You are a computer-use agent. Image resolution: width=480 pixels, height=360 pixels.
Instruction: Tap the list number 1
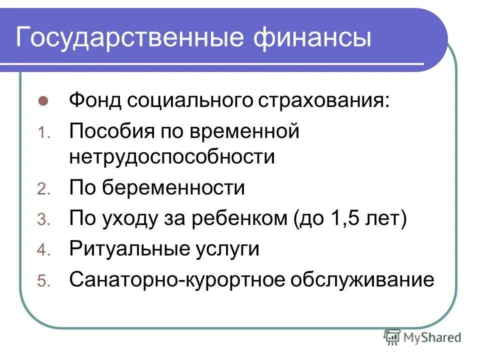coord(42,133)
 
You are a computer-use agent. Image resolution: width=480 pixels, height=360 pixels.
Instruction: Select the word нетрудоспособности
coord(172,157)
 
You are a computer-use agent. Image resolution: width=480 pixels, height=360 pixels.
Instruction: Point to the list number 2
coord(42,189)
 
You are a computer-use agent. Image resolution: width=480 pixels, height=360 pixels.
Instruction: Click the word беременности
coord(174,188)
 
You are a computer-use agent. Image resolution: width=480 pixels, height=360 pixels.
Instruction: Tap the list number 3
coord(42,220)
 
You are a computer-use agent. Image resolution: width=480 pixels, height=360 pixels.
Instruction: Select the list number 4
coord(42,250)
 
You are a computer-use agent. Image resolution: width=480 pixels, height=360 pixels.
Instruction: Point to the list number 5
coord(42,282)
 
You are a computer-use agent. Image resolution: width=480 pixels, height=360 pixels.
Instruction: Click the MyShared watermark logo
coord(422,337)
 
